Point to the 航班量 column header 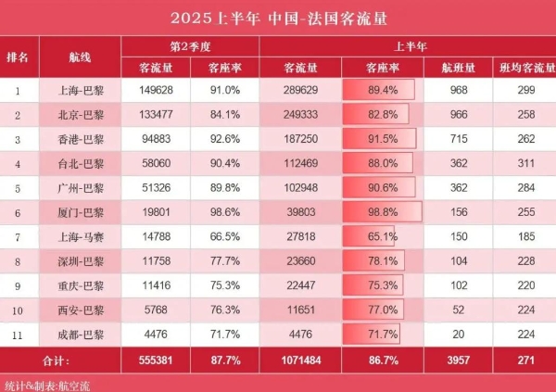456,68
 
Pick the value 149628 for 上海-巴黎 156,90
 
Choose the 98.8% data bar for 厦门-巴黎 382,211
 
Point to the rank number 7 17,236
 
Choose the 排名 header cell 17,56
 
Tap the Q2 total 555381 156,359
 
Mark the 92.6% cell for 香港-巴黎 225,139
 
